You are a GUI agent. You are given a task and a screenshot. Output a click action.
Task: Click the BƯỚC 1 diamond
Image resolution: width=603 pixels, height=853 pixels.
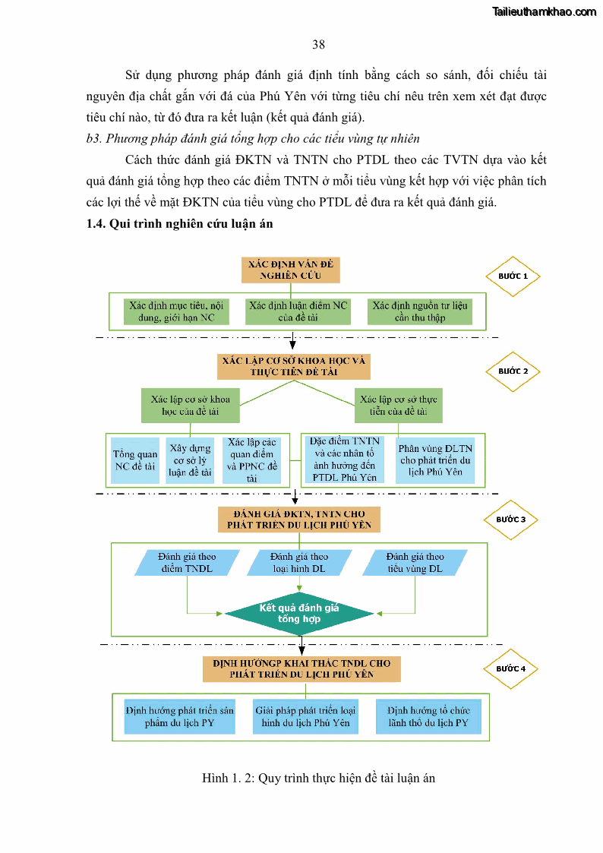513,276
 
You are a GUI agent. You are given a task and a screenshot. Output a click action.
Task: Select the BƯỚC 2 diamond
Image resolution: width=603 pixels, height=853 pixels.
513,371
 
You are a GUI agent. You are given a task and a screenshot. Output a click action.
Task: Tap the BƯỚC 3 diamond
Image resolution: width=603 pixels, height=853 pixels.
511,520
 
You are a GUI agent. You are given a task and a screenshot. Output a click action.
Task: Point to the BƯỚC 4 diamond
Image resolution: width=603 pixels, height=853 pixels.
510,668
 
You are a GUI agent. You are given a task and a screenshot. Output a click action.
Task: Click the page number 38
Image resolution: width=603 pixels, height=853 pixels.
318,45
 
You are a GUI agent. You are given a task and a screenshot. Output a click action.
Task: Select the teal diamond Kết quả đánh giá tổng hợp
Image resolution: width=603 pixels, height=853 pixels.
299,613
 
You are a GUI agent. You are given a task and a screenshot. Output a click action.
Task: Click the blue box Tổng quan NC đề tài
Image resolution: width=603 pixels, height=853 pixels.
135,460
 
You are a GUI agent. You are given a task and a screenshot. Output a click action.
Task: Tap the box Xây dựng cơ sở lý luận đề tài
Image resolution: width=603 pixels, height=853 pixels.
190,460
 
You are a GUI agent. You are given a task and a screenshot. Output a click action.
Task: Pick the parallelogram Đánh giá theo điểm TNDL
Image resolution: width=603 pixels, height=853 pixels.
186,562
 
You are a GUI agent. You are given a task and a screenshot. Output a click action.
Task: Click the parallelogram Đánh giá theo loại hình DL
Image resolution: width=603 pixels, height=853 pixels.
299,562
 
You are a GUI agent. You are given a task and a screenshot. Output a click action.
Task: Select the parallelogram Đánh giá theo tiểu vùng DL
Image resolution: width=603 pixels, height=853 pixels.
415,562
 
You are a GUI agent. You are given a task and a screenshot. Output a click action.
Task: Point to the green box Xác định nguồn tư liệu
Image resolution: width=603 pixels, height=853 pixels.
420,311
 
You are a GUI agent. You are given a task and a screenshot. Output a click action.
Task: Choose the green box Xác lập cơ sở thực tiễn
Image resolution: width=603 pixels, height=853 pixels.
398,406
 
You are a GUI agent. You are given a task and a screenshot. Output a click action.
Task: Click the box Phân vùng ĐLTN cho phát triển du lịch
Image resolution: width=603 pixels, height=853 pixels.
435,460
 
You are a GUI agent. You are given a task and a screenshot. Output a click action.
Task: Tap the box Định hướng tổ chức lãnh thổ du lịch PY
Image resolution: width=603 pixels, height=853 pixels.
428,717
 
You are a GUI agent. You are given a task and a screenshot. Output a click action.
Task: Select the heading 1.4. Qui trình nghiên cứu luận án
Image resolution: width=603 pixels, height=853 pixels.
179,224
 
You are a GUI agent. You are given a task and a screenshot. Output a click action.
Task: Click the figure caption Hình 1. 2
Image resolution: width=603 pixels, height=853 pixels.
318,778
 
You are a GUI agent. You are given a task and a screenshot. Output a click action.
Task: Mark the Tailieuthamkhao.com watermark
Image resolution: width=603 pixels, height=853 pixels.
544,11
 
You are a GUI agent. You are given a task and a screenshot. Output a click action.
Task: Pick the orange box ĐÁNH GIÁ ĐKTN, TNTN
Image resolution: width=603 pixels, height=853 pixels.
299,520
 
